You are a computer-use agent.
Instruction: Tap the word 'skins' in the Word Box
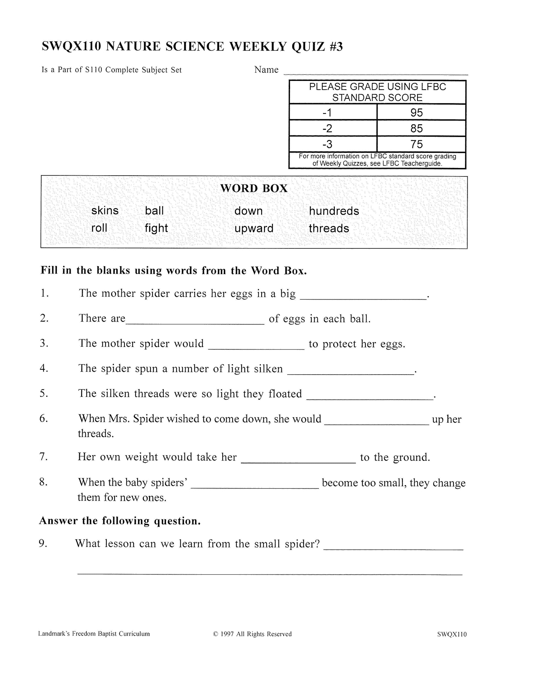[105, 211]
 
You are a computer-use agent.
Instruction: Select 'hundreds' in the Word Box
[334, 211]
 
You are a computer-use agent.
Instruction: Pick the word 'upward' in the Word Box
[254, 228]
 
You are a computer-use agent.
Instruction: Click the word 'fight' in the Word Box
[156, 228]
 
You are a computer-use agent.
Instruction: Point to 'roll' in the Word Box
[99, 228]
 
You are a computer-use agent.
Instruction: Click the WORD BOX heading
[254, 189]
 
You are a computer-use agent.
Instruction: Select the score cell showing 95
[416, 113]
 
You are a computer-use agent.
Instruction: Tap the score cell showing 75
[416, 144]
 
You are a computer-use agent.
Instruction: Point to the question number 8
[43, 482]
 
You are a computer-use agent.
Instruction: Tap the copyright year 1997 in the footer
[227, 634]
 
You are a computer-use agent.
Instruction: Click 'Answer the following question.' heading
[120, 521]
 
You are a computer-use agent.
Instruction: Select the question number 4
[44, 368]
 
